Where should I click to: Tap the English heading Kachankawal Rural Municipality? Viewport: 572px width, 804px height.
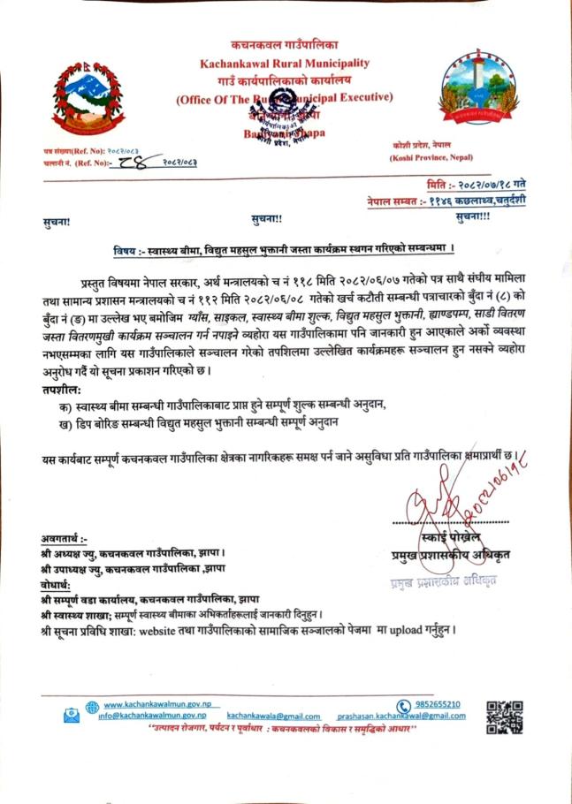click(284, 64)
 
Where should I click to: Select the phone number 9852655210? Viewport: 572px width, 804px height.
click(439, 704)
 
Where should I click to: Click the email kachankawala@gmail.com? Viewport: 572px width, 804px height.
click(273, 716)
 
